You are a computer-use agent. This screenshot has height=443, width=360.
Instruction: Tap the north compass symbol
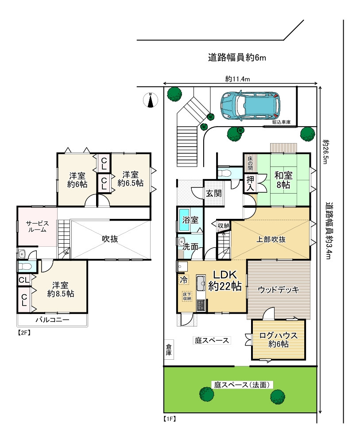151,101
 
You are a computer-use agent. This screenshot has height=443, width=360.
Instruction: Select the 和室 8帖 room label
283,179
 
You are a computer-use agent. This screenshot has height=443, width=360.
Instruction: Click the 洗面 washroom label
191,247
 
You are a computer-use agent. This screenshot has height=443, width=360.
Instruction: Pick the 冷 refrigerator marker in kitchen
183,280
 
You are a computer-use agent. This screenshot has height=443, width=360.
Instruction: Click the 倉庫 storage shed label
169,350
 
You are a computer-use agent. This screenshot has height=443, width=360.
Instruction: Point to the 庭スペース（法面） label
242,385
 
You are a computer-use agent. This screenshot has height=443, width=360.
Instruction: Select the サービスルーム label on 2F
37,227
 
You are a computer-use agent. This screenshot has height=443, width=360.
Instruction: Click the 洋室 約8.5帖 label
61,289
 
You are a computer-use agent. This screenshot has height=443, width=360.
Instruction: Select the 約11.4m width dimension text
238,79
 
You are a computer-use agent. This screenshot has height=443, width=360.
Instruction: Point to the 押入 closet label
250,183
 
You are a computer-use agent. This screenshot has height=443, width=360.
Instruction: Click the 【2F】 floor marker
24,332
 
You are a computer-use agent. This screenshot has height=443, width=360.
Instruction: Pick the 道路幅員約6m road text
237,57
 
